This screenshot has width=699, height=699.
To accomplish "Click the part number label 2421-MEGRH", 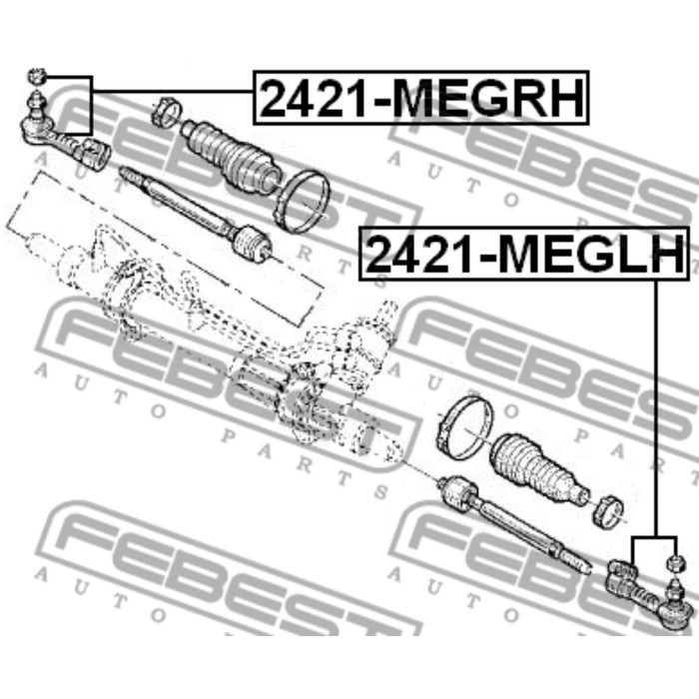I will [420, 97].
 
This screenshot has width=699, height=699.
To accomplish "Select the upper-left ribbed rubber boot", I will [229, 154].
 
